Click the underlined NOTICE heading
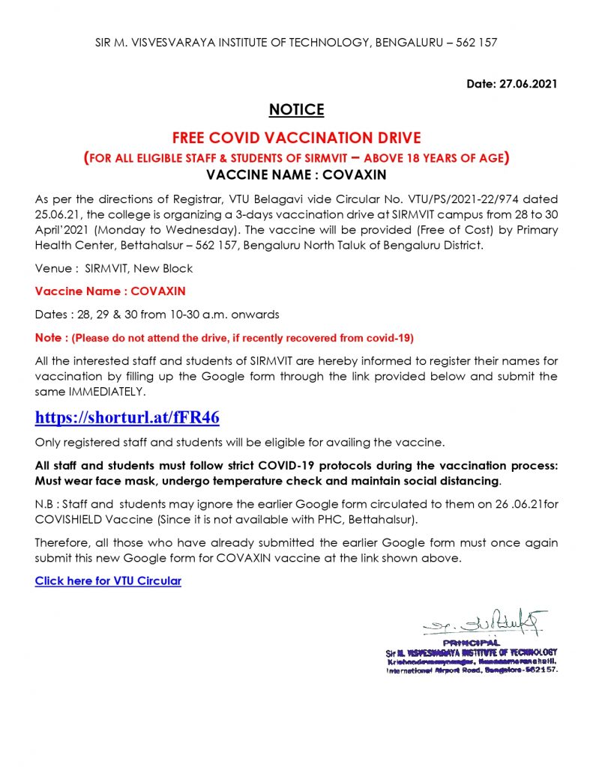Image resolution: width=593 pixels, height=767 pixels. click(296, 110)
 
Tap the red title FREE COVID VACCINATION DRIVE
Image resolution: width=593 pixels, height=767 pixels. click(296, 138)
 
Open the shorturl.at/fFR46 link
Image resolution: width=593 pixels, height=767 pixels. click(127, 416)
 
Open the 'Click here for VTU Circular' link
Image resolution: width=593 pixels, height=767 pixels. click(108, 580)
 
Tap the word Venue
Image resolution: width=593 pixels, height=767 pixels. click(52, 267)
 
